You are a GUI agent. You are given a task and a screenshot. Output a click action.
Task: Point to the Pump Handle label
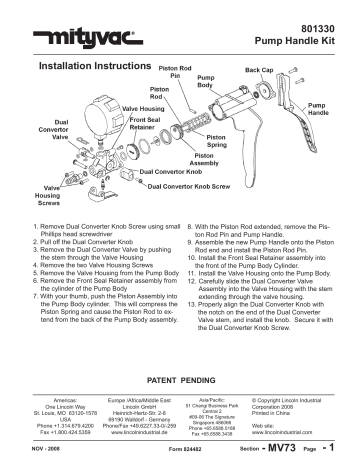[x=321, y=108]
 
